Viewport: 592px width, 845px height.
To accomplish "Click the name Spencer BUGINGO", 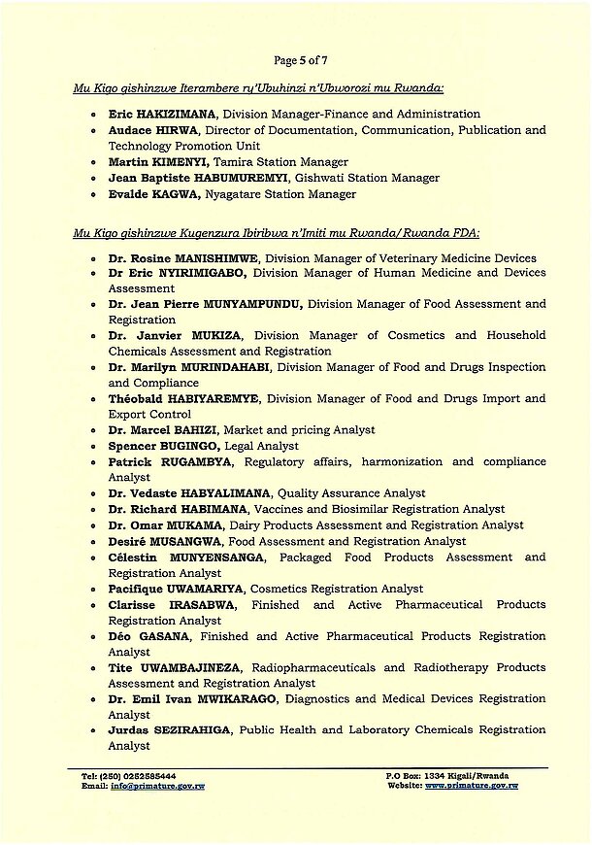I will (x=159, y=446).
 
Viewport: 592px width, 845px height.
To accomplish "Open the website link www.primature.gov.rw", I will (x=470, y=786).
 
